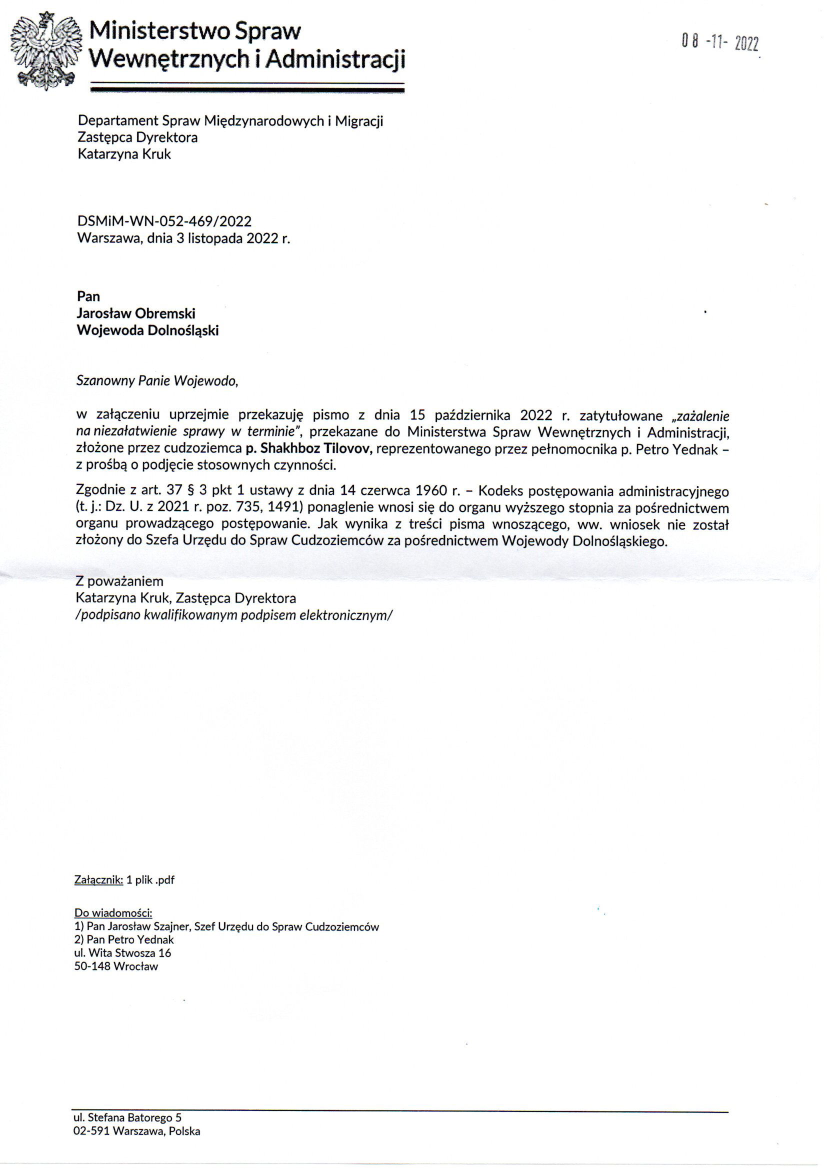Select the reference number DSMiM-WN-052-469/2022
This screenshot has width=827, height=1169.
click(x=164, y=221)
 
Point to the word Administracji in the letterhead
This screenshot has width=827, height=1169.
click(x=336, y=60)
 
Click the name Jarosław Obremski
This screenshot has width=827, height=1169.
click(x=136, y=313)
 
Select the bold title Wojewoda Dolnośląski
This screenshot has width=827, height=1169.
click(x=147, y=330)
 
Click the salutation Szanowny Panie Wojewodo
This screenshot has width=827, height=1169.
click(x=157, y=381)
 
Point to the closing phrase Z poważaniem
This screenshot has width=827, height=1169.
click(x=119, y=581)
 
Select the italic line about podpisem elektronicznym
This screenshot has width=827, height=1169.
click(x=233, y=615)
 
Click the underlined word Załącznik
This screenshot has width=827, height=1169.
click(x=99, y=879)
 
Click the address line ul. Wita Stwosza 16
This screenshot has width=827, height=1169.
click(x=122, y=952)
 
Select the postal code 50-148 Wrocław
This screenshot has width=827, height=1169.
click(x=116, y=966)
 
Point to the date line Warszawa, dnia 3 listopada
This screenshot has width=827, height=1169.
click(x=183, y=238)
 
